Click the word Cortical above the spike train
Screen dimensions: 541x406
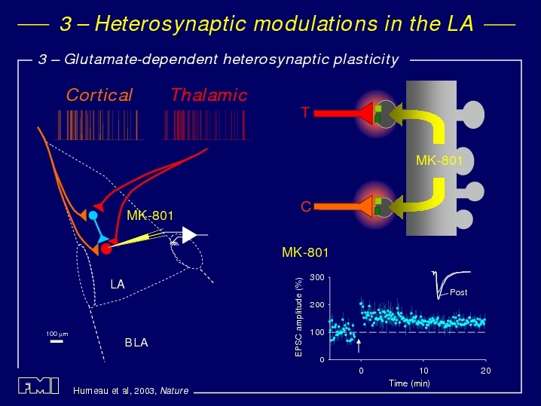point(99,95)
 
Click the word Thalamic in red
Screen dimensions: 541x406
point(209,95)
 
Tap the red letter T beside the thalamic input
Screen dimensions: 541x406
point(305,112)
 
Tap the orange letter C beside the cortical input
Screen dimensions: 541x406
point(306,206)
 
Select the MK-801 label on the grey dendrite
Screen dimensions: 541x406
point(439,160)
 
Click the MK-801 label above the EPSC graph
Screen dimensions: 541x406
point(305,252)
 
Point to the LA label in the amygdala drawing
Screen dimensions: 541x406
point(118,284)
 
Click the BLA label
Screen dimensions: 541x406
point(136,343)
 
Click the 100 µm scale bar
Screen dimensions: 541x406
point(57,341)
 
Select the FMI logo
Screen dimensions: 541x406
point(38,386)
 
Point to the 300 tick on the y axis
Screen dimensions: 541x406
point(317,277)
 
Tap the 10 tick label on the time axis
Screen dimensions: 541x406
point(423,371)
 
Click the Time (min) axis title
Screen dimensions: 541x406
point(409,383)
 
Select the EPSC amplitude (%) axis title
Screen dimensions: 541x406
point(299,317)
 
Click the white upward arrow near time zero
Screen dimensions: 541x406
point(359,346)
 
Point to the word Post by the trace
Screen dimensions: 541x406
point(459,292)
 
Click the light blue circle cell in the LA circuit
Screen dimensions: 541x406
point(93,215)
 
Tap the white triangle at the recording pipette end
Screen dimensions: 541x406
point(189,235)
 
